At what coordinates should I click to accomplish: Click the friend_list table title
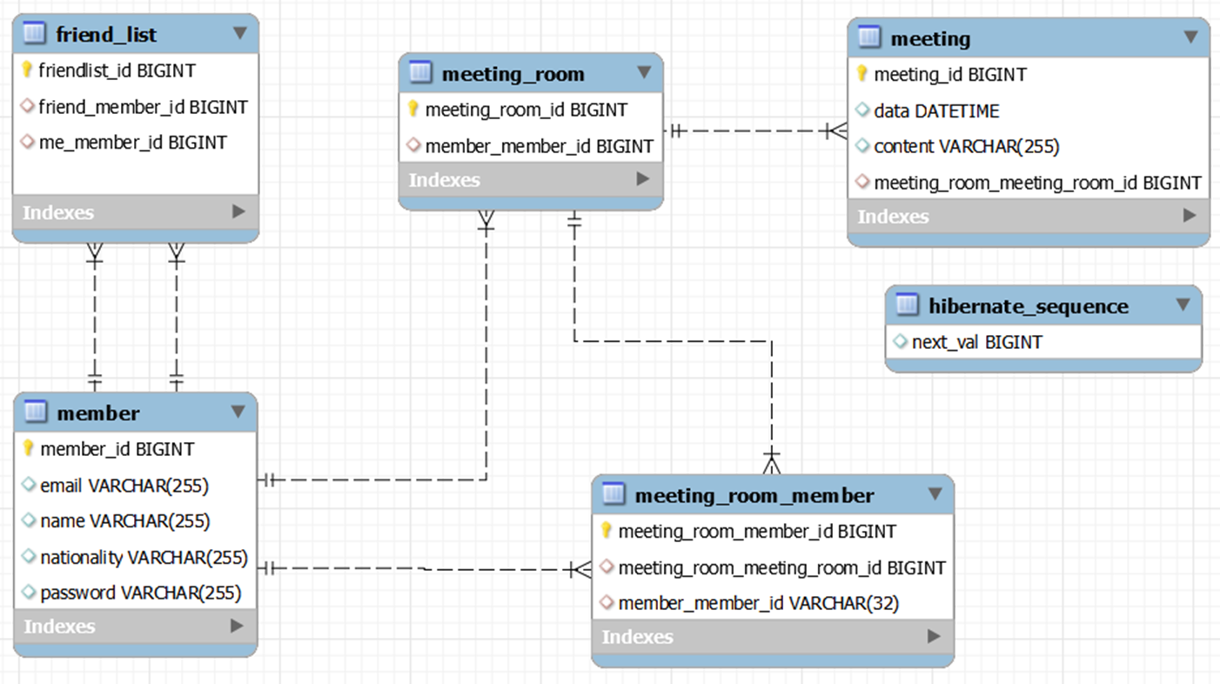click(106, 35)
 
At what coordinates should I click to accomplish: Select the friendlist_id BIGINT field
click(117, 70)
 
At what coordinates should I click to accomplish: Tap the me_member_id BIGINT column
click(132, 142)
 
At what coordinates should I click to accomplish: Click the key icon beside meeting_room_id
click(414, 110)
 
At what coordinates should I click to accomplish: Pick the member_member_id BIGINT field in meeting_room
click(539, 146)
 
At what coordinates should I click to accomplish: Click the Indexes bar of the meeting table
click(1028, 216)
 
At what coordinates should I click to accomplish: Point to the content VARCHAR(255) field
click(966, 146)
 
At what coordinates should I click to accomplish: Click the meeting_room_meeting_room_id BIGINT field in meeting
click(1037, 183)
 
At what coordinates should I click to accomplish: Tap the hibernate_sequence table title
click(1028, 306)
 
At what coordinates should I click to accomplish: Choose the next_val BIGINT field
click(976, 342)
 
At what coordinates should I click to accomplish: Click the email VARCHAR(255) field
click(124, 486)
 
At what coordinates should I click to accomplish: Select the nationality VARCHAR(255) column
click(144, 557)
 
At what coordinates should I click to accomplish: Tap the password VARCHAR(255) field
click(140, 593)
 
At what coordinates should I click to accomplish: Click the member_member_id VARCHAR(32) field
click(758, 603)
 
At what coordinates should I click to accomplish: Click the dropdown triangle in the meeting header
click(1190, 37)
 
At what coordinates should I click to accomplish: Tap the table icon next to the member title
click(36, 412)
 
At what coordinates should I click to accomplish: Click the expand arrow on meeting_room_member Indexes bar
click(934, 636)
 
